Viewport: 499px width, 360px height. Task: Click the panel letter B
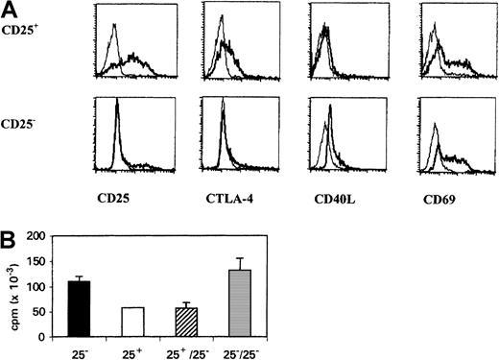tap(10, 228)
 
